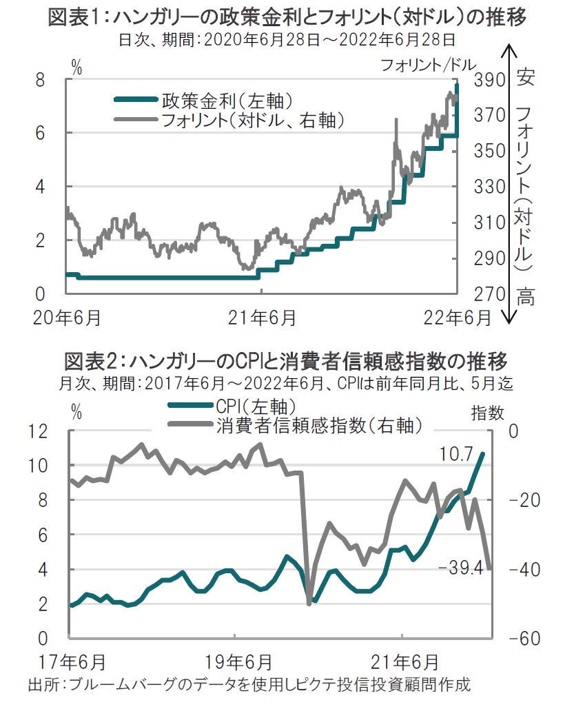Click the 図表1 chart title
(x=287, y=17)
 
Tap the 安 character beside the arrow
(x=526, y=76)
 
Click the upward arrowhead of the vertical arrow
(x=508, y=50)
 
